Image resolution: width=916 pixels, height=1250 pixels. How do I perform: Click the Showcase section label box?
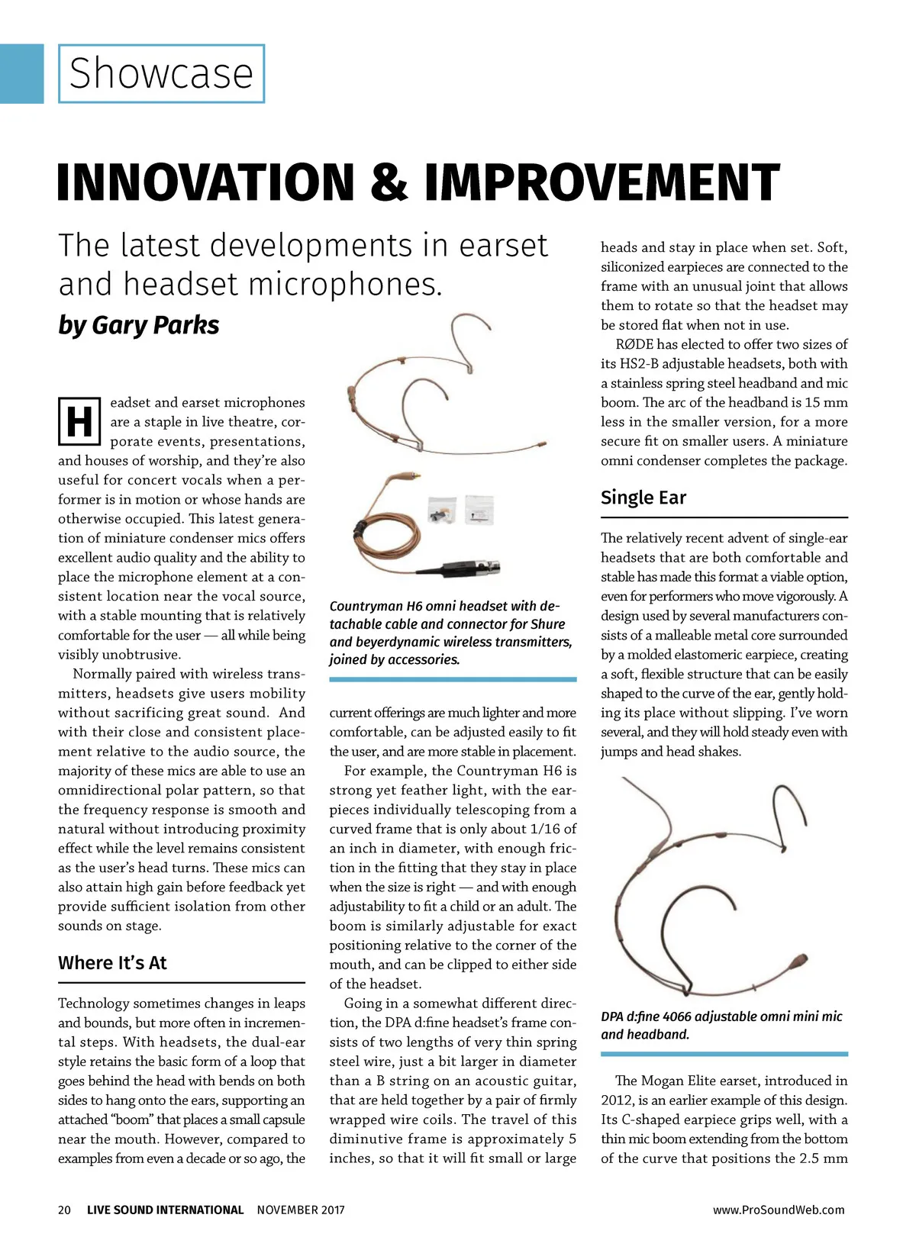(161, 73)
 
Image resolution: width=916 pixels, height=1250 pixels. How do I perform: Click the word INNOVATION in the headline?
(205, 183)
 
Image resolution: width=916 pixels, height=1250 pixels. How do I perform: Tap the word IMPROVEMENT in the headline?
(602, 183)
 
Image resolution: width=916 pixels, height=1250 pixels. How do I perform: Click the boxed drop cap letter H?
(79, 421)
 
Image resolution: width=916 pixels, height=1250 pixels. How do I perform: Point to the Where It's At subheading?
(112, 963)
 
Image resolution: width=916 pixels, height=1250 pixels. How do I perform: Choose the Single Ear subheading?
(643, 498)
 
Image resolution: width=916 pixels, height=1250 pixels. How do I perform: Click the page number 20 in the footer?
(65, 1210)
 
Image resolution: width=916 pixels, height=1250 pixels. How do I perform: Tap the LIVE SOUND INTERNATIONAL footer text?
(165, 1210)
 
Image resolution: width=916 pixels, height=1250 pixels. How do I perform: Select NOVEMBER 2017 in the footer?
(301, 1210)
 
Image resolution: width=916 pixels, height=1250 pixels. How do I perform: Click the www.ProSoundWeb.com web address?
(779, 1210)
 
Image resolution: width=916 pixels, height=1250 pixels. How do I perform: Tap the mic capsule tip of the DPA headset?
(799, 958)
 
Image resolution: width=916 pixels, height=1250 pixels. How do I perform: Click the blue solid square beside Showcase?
(21, 73)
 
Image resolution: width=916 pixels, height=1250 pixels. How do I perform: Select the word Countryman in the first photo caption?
(365, 606)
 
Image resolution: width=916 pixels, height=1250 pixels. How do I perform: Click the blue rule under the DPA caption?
(724, 1054)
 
